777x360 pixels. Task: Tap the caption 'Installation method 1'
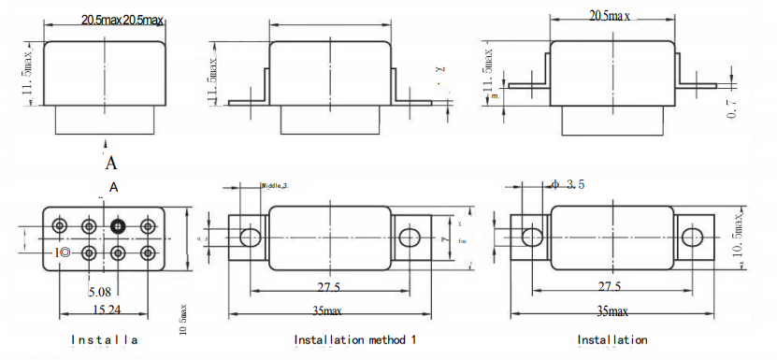coord(354,339)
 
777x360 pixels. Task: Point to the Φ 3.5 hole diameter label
coord(568,185)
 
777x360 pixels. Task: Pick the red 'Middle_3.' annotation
coord(275,186)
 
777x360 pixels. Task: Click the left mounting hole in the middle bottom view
coord(250,236)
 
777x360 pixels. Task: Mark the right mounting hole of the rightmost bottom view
coord(694,236)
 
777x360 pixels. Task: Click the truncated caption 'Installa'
coord(105,339)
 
